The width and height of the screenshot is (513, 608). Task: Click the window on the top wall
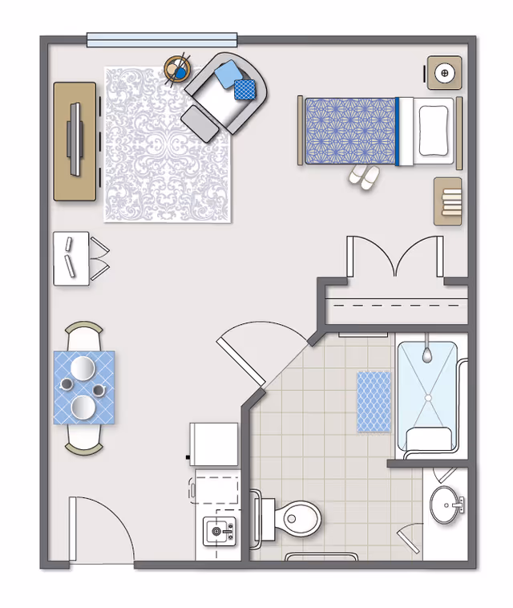click(x=162, y=39)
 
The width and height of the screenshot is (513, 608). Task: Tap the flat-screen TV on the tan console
click(x=75, y=140)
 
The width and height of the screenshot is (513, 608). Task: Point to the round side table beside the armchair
click(x=177, y=70)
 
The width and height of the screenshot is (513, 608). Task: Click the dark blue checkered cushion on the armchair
click(x=244, y=90)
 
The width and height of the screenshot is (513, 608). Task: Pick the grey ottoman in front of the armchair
click(x=200, y=124)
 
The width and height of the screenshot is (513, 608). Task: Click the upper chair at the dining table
click(x=83, y=336)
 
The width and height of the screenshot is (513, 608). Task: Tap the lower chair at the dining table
click(x=83, y=440)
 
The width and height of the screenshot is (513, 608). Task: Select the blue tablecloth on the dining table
click(x=83, y=387)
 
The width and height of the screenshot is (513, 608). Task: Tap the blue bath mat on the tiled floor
click(x=373, y=401)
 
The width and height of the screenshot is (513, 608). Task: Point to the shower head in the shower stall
click(x=428, y=350)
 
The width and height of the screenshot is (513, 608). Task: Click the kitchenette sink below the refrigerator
click(x=217, y=530)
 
